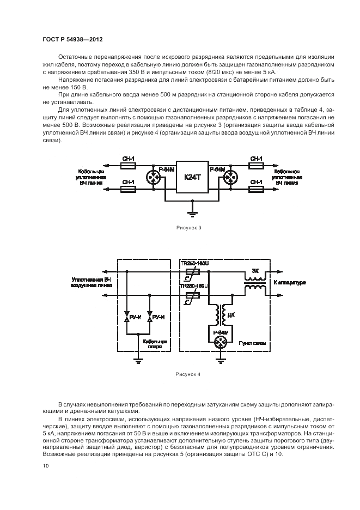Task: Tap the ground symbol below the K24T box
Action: [x=191, y=210]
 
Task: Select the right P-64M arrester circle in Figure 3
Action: [x=229, y=178]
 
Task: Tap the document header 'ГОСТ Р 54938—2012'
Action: [x=72, y=40]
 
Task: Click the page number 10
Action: [x=46, y=466]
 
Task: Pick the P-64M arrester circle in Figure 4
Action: [x=220, y=342]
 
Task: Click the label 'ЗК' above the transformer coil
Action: [x=255, y=270]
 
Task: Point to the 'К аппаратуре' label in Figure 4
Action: [x=289, y=283]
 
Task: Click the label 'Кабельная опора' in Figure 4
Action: [x=155, y=344]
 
